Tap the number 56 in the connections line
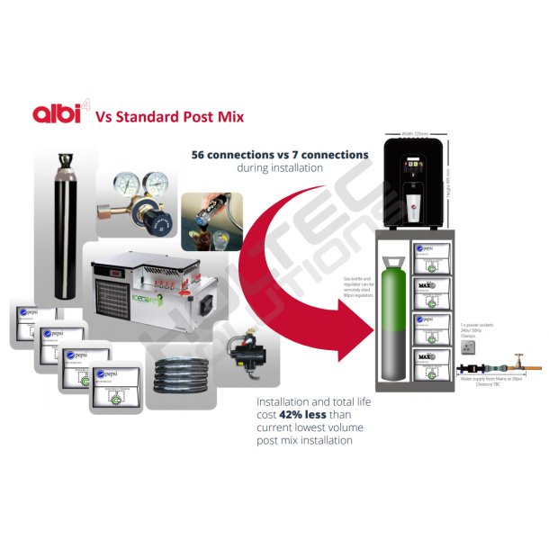pos(200,155)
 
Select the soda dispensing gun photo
pos(211,220)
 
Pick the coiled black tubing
pos(179,373)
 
